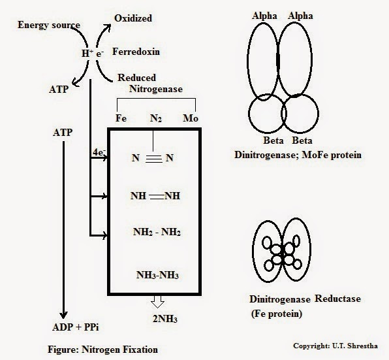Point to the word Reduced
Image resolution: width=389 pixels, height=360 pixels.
pos(136,77)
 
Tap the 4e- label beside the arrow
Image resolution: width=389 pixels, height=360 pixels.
pos(99,152)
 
